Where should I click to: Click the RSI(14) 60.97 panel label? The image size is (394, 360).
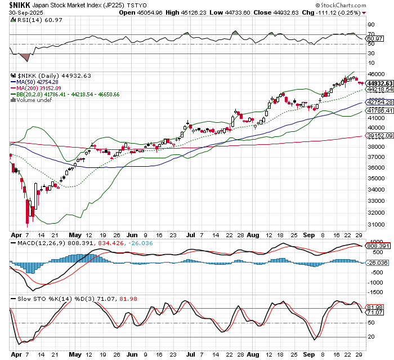click(32, 20)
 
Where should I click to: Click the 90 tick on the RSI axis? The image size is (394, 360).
click(371, 24)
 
